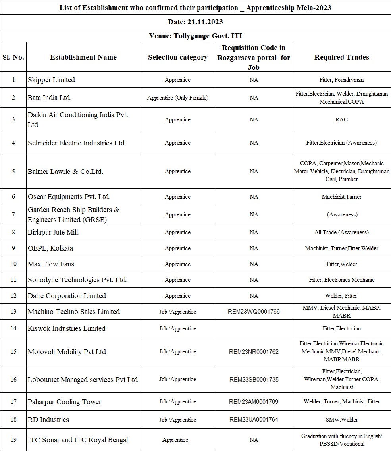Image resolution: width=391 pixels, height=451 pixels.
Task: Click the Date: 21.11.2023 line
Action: tap(195, 21)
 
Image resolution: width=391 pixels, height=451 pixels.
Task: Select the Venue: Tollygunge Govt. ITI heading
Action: tap(195, 36)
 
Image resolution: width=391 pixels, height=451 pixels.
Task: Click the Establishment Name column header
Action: tap(83, 57)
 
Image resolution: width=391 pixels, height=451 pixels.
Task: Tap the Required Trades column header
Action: tap(341, 57)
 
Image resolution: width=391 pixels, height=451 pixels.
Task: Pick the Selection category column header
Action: tap(177, 57)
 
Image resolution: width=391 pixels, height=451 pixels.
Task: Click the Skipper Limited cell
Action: tap(51, 80)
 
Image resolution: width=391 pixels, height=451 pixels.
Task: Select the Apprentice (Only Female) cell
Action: tap(177, 98)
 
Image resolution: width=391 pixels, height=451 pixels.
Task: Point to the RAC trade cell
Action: tap(341, 119)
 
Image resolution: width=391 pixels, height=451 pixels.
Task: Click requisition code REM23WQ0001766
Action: tap(254, 312)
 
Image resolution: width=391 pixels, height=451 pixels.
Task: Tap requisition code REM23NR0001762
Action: tap(254, 352)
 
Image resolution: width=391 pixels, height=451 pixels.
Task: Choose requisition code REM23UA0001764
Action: tap(254, 420)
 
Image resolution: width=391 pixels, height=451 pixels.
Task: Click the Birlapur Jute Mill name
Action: tap(54, 232)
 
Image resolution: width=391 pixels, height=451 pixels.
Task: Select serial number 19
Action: tap(13, 440)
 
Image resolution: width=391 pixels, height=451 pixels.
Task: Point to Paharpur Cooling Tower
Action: tap(64, 402)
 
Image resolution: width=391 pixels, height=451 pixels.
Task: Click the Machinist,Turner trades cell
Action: tap(341, 197)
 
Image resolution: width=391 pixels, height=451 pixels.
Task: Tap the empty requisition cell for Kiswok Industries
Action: tap(254, 328)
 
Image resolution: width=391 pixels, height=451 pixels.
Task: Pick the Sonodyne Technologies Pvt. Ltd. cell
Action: tap(77, 280)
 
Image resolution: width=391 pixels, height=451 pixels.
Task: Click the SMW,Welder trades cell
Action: tap(341, 420)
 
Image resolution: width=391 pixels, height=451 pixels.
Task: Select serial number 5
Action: tap(13, 172)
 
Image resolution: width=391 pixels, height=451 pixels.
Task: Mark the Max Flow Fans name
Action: tap(51, 264)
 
